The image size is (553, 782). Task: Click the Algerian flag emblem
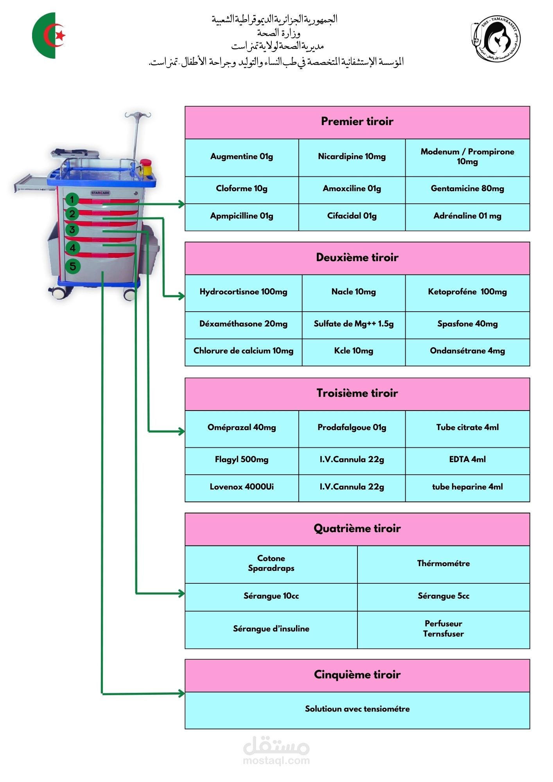(x=49, y=36)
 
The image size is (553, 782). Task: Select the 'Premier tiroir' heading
(x=357, y=122)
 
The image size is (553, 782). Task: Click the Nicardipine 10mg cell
(x=352, y=157)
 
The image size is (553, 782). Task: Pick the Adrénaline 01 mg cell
(x=467, y=216)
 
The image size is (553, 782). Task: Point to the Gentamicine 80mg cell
(x=467, y=189)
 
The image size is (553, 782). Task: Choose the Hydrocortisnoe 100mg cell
(x=243, y=292)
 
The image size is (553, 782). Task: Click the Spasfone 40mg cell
(x=467, y=324)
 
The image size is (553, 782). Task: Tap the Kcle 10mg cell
(x=354, y=351)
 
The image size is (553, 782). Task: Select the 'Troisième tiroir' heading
(x=357, y=393)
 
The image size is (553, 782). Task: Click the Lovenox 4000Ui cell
(x=242, y=487)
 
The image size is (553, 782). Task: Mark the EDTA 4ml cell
(x=467, y=460)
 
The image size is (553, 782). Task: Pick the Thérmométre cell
(x=443, y=564)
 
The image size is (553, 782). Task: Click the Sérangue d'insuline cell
(x=271, y=629)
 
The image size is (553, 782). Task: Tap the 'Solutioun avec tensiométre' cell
(x=357, y=709)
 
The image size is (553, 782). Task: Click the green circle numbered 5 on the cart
(x=73, y=267)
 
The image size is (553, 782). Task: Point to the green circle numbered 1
(x=72, y=200)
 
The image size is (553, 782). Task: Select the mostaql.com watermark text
(x=276, y=761)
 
